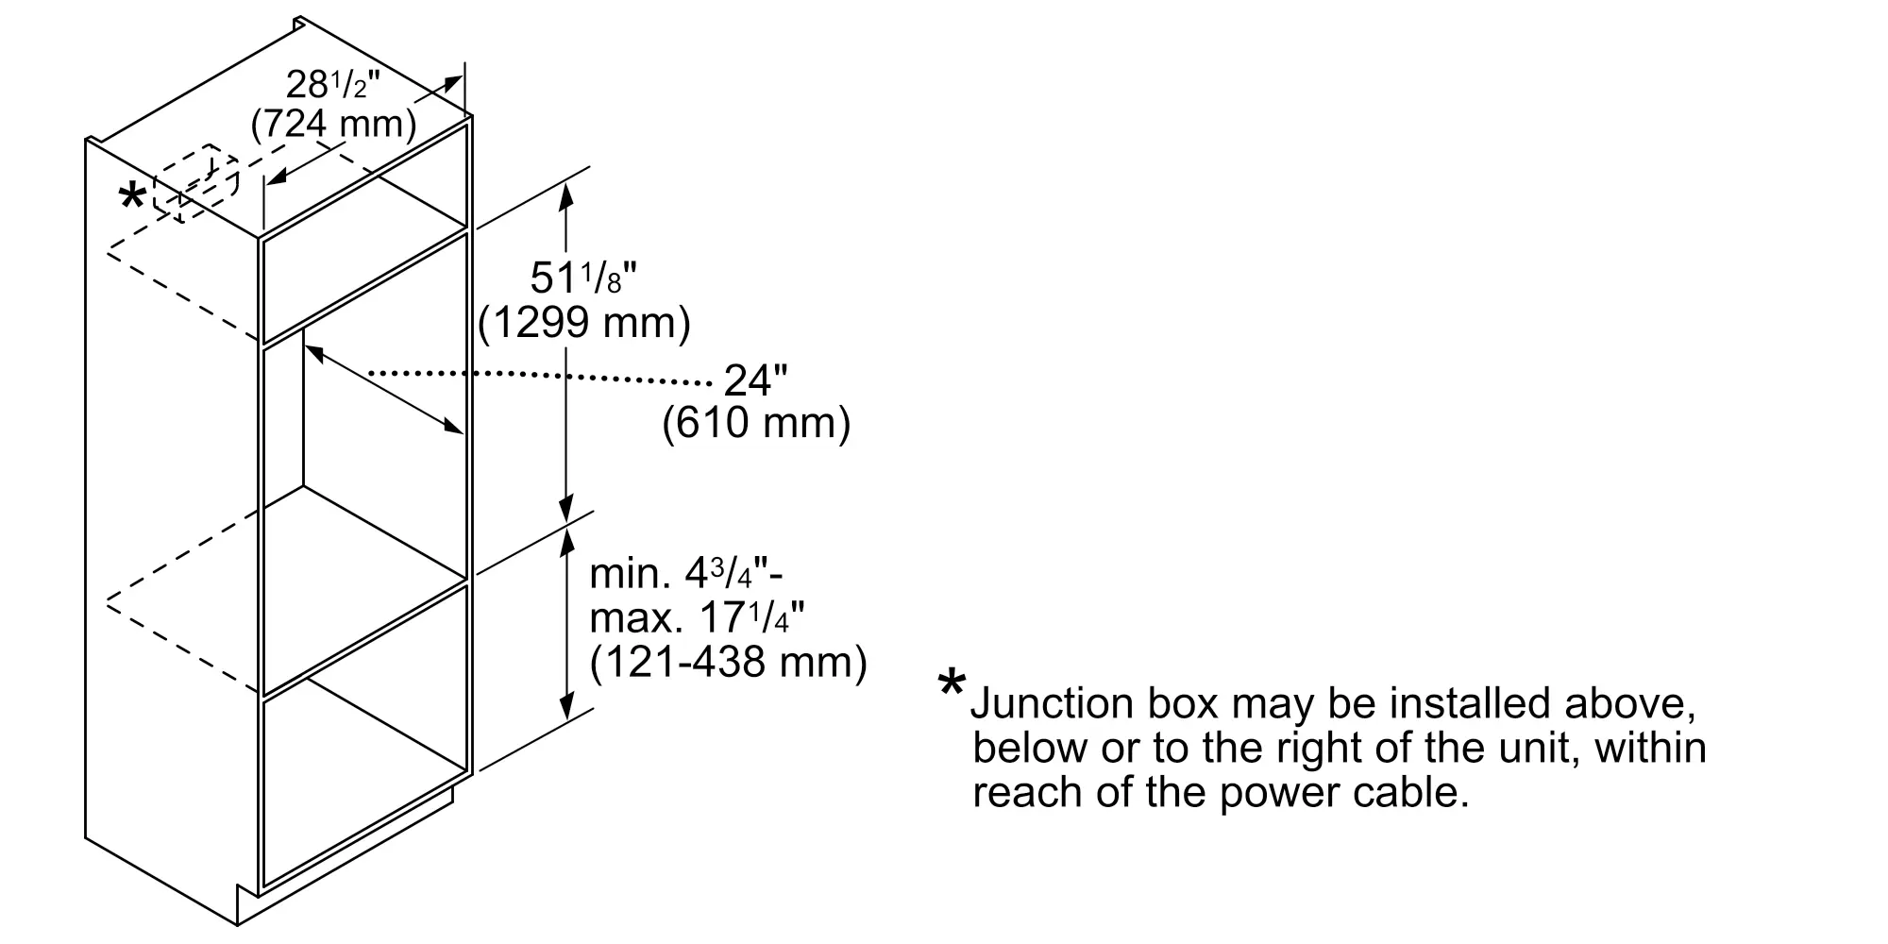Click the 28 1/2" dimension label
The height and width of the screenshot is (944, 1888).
(331, 86)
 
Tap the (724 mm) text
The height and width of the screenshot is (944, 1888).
(333, 124)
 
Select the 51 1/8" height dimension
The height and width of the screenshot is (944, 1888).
(583, 278)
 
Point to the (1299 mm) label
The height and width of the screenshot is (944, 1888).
(584, 323)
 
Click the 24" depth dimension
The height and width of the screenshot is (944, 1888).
(755, 380)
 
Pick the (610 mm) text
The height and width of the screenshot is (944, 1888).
(756, 423)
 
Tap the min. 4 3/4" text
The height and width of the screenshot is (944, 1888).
(685, 573)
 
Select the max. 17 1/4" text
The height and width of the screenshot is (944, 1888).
(697, 617)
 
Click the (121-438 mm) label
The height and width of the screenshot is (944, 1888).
(728, 662)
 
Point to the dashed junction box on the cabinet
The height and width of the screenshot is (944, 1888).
(195, 182)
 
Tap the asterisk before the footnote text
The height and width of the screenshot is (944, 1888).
(952, 685)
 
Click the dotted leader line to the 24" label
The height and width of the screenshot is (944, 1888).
(538, 378)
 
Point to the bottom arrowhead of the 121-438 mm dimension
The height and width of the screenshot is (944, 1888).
(566, 708)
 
